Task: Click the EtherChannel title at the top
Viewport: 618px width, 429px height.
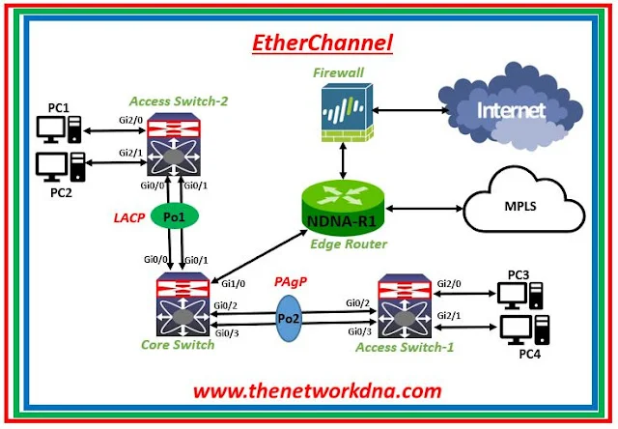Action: (x=310, y=43)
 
